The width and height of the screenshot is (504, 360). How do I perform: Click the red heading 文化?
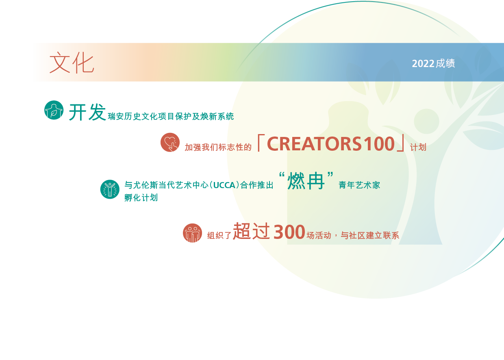pyautogui.click(x=72, y=63)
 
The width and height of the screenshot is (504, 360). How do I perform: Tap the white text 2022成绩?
pyautogui.click(x=433, y=63)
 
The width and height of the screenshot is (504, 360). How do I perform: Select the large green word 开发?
pyautogui.click(x=87, y=112)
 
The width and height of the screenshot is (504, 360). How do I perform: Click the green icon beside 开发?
pyautogui.click(x=54, y=110)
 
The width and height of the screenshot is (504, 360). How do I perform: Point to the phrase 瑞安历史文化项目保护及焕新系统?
pyautogui.click(x=171, y=117)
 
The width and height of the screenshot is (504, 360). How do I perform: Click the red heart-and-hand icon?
pyautogui.click(x=170, y=142)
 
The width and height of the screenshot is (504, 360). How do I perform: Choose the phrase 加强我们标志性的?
pyautogui.click(x=218, y=147)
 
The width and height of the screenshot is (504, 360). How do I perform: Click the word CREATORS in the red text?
pyautogui.click(x=314, y=144)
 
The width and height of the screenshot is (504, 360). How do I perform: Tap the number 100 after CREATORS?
pyautogui.click(x=379, y=144)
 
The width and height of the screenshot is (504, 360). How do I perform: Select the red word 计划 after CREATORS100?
pyautogui.click(x=418, y=147)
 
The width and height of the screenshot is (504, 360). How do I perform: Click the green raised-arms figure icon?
pyautogui.click(x=110, y=189)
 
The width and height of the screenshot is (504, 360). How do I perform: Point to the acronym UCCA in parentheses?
pyautogui.click(x=224, y=185)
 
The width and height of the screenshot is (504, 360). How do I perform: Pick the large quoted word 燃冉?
pyautogui.click(x=306, y=181)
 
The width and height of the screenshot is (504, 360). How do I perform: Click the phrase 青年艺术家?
pyautogui.click(x=359, y=185)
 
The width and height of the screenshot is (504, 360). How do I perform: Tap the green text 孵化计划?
pyautogui.click(x=141, y=198)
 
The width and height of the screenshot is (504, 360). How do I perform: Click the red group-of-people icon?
pyautogui.click(x=192, y=233)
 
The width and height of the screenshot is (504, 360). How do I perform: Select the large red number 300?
pyautogui.click(x=289, y=232)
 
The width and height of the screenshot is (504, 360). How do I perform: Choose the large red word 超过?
pyautogui.click(x=251, y=231)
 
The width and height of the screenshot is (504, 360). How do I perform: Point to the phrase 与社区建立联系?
pyautogui.click(x=370, y=235)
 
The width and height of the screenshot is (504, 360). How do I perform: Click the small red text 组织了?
pyautogui.click(x=219, y=235)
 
